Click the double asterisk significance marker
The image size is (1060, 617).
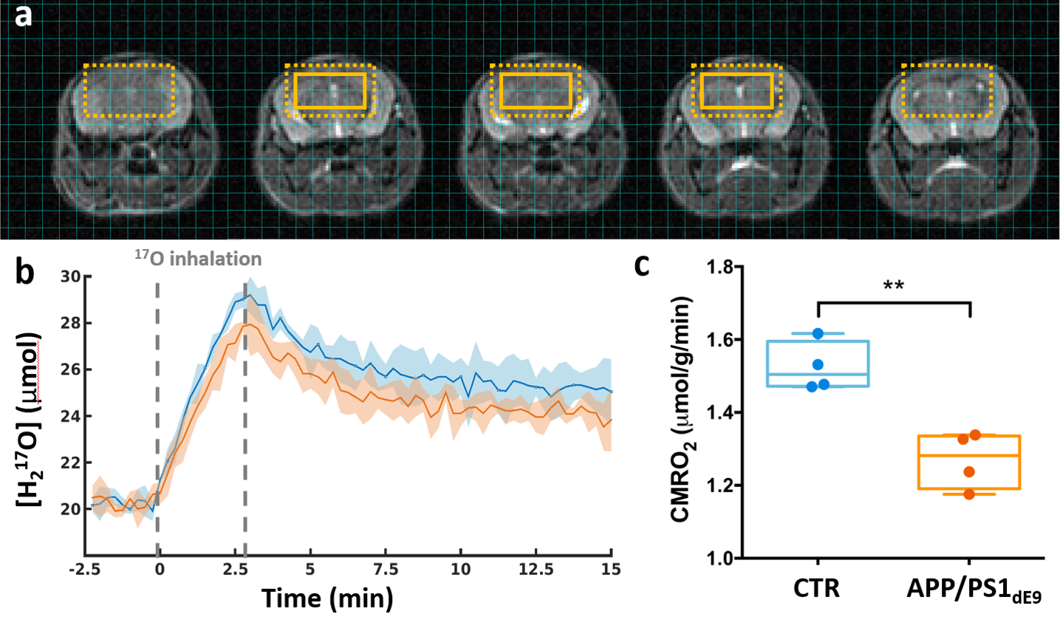893,284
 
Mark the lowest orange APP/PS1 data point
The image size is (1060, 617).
969,494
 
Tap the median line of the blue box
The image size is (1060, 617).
818,375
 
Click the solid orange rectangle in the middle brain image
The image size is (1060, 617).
535,91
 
